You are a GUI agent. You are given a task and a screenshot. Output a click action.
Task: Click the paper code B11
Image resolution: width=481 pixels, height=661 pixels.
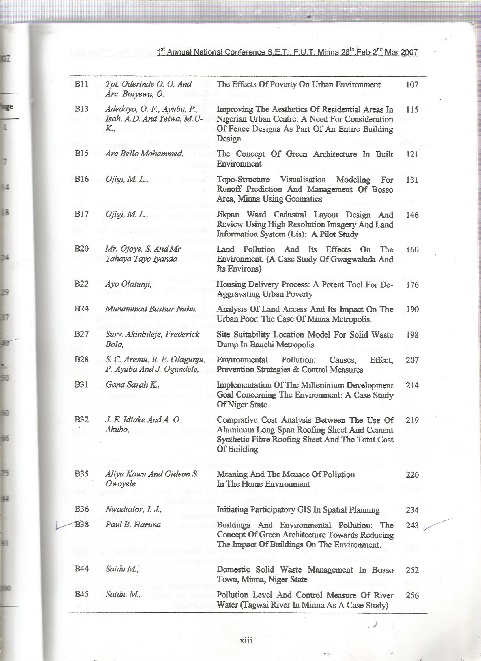click(81, 84)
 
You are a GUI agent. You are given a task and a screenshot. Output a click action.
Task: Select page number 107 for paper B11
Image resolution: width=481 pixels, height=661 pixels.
click(412, 85)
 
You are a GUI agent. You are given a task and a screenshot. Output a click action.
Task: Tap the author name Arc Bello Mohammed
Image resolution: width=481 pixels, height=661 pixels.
click(144, 154)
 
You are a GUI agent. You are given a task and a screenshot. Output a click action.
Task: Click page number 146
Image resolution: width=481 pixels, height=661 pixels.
click(412, 215)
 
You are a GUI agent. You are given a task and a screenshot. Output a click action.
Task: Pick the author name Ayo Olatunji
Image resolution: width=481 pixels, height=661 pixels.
click(128, 284)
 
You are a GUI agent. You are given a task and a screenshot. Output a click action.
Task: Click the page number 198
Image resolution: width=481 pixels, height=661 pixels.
click(412, 334)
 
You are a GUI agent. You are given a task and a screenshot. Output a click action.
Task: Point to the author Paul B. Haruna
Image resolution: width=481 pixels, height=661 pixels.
click(133, 525)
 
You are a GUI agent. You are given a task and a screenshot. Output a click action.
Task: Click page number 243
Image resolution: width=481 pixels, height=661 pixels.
click(412, 526)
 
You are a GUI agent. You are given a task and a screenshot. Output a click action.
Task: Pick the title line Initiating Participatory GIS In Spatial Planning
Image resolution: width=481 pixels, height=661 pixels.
click(298, 510)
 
